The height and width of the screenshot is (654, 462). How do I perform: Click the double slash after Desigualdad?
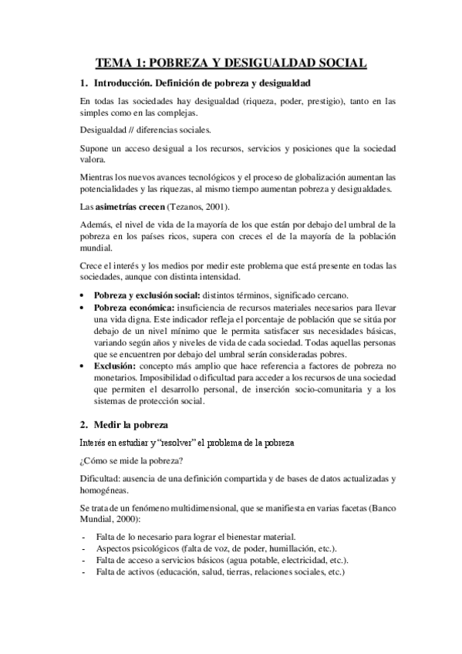(134, 130)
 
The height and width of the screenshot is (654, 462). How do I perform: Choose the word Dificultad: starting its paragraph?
(99, 478)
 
